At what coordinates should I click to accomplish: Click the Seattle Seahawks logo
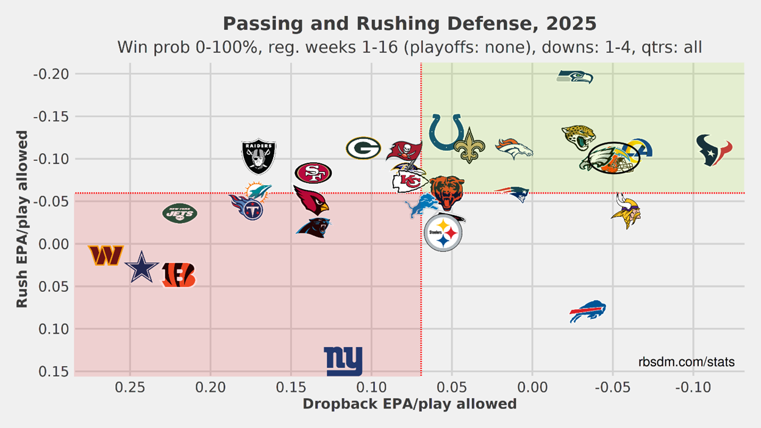574,77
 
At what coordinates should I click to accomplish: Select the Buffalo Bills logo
587,312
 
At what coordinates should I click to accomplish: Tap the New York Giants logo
343,361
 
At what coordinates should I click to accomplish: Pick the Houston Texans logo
714,150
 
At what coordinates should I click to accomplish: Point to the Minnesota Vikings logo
626,210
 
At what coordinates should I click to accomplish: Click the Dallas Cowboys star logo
141,266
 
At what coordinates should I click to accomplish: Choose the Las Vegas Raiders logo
259,156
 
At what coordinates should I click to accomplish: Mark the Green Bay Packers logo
363,148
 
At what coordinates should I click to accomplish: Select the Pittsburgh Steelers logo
443,232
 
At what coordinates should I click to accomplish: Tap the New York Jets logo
180,213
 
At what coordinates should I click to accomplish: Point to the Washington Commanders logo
106,255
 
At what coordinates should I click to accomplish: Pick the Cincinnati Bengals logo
179,275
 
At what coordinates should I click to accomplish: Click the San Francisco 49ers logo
313,173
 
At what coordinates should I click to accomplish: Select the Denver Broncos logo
513,148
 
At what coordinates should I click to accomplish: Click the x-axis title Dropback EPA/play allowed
409,404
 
